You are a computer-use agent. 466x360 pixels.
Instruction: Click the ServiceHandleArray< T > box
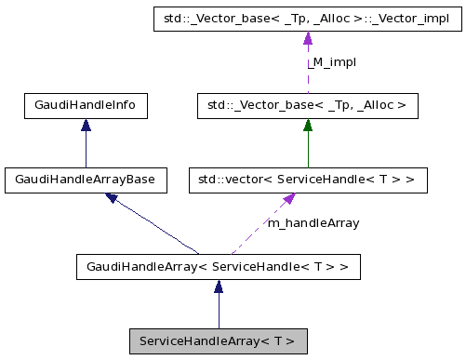click(x=218, y=340)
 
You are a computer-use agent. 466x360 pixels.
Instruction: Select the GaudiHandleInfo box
click(x=86, y=106)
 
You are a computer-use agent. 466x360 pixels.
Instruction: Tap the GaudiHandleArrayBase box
click(x=86, y=180)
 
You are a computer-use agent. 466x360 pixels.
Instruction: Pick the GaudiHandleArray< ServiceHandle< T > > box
click(x=218, y=268)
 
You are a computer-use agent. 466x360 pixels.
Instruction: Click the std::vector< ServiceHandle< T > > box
click(x=308, y=180)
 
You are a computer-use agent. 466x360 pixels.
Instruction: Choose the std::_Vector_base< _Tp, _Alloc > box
click(x=308, y=106)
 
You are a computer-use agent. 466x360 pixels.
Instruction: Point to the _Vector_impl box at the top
click(x=308, y=18)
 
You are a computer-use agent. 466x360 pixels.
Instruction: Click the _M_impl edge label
click(x=332, y=62)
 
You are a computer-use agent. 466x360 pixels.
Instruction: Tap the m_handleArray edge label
click(x=313, y=223)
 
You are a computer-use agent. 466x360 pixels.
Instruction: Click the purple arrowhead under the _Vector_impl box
click(x=308, y=39)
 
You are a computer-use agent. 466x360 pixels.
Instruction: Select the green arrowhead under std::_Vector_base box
click(x=308, y=127)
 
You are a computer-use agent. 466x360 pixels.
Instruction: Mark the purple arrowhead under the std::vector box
click(x=290, y=200)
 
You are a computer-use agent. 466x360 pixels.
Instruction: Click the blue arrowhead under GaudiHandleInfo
click(x=86, y=127)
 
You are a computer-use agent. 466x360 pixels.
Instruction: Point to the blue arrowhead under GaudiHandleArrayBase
click(x=112, y=198)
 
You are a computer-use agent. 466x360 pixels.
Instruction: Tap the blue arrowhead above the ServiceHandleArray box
click(x=218, y=289)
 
